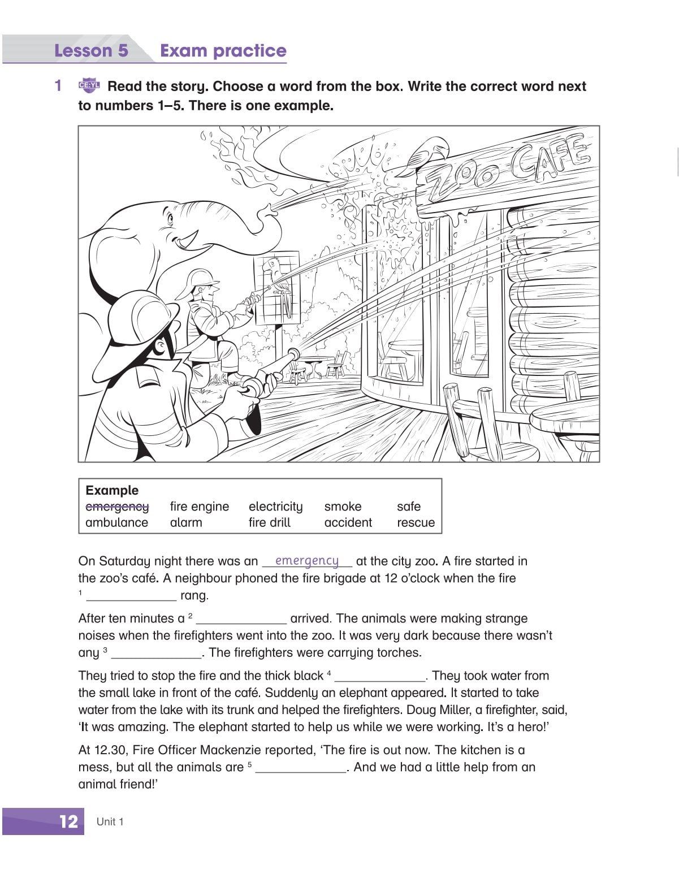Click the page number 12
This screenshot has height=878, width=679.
68,821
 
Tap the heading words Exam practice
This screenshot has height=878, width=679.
223,51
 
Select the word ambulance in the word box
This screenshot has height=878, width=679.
116,522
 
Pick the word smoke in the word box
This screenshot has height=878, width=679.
343,507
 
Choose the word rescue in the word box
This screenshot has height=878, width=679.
416,522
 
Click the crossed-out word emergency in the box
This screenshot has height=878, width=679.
117,507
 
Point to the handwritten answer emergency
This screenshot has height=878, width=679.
306,560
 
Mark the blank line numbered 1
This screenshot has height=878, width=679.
131,595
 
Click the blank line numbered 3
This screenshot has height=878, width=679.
157,653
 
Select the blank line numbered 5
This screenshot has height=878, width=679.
300,768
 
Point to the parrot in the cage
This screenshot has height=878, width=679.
276,278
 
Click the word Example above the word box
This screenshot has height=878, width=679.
112,490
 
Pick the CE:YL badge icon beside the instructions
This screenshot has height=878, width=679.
89,86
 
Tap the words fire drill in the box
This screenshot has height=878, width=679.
269,522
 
